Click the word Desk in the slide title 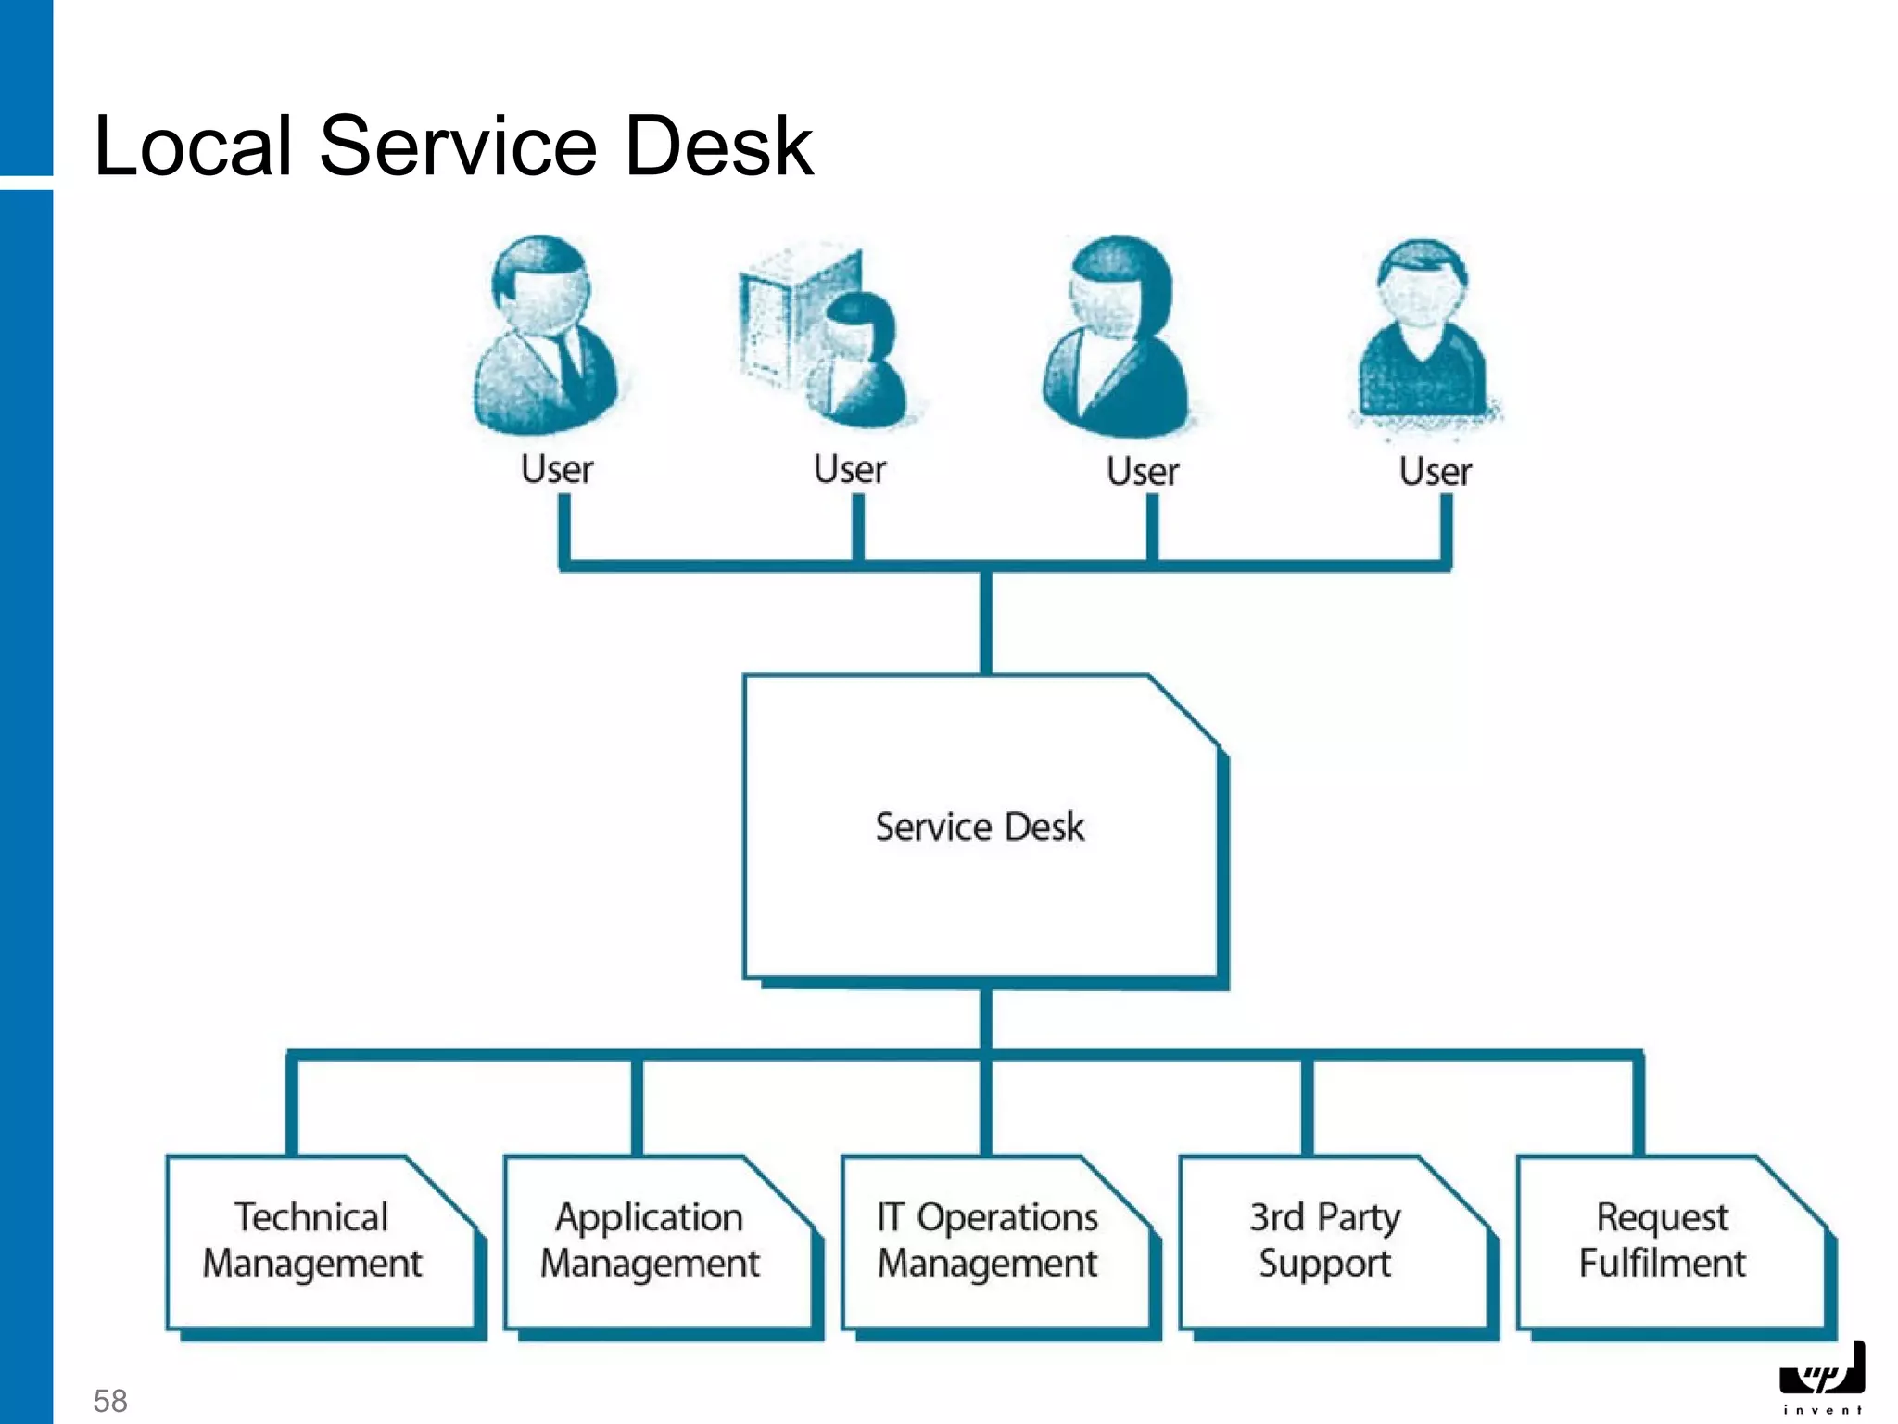coord(719,146)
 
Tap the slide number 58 coord(110,1400)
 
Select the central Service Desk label coord(980,827)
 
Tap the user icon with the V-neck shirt coord(1423,334)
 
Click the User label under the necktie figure coord(557,469)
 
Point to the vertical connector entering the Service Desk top coord(986,621)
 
